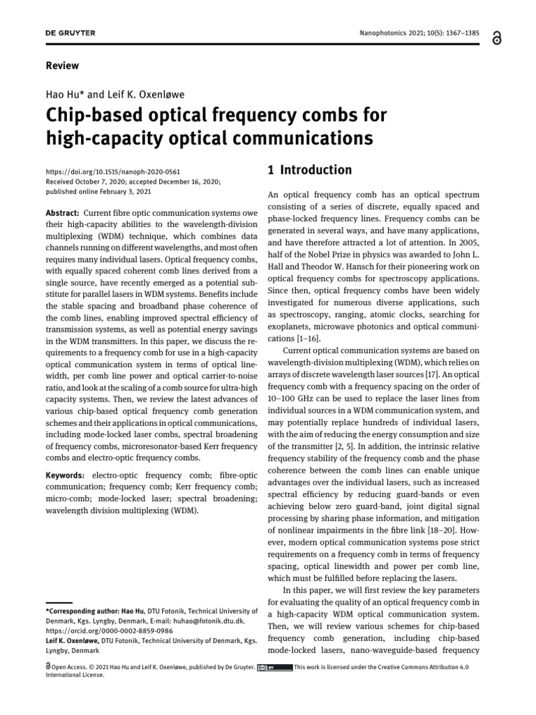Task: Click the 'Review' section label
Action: (62, 66)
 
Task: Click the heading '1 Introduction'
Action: (310, 170)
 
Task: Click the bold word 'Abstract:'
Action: (63, 212)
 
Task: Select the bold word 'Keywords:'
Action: (66, 475)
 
